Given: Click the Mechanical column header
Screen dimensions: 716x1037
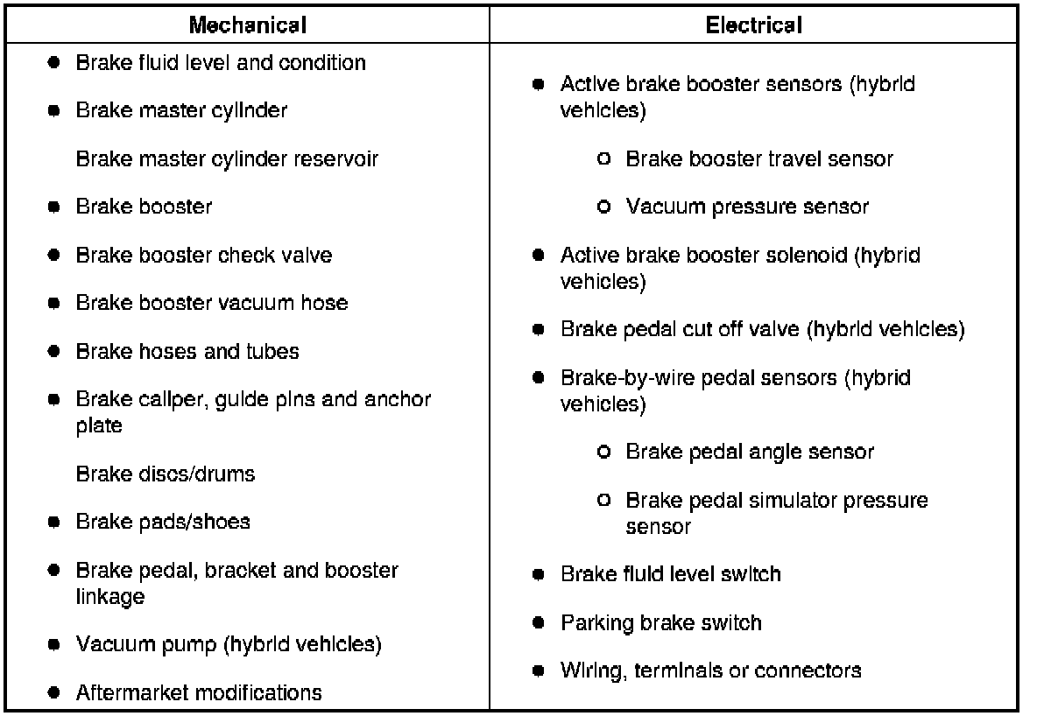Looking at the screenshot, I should [248, 25].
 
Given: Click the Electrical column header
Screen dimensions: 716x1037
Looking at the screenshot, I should [753, 25].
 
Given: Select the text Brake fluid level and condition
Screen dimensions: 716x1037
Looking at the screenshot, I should [221, 63].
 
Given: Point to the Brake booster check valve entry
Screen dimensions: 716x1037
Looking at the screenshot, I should [204, 255].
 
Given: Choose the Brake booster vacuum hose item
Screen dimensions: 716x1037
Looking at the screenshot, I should [212, 303].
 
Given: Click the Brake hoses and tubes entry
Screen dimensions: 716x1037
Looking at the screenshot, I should [187, 351].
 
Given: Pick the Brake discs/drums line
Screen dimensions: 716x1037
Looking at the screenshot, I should [166, 474].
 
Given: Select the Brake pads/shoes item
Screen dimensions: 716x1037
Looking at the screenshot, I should [163, 522].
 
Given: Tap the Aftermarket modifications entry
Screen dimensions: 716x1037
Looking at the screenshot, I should [199, 693].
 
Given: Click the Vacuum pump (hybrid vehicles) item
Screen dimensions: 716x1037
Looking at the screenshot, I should [229, 645].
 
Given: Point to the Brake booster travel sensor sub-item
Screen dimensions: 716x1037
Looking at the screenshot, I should [758, 159].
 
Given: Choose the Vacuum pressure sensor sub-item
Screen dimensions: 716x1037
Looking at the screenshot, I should [747, 207].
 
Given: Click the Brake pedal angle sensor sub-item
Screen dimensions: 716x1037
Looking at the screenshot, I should [750, 453].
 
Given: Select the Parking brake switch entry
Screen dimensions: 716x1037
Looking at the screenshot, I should [660, 623].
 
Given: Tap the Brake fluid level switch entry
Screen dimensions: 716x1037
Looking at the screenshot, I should [670, 574].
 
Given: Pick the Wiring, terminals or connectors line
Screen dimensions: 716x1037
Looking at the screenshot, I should [710, 670].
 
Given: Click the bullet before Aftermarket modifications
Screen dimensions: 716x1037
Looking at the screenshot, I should [54, 693].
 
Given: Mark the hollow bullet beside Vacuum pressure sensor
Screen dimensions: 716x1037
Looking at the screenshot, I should [603, 207].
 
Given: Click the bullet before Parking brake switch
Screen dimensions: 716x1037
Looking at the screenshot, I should [539, 623].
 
